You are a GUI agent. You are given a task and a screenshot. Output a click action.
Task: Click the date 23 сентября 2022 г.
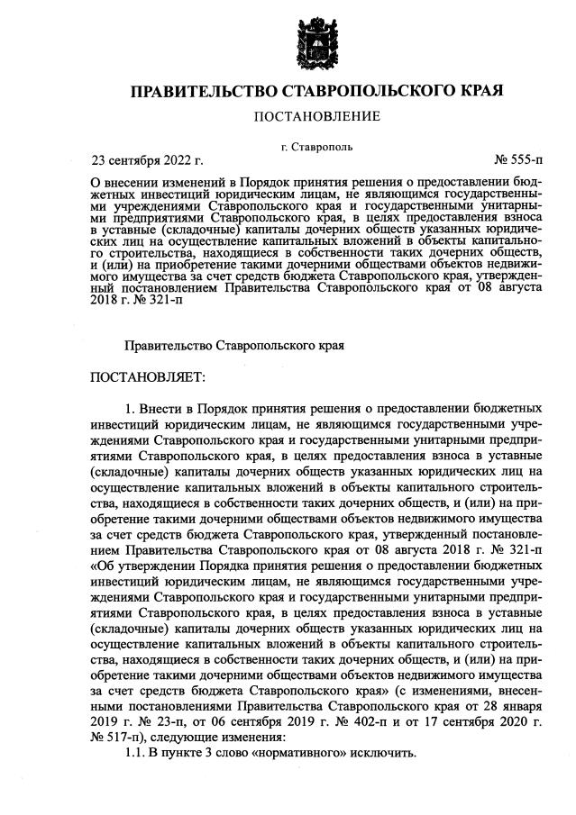pyautogui.click(x=147, y=161)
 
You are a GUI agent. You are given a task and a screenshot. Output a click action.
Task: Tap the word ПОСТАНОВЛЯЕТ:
pyautogui.click(x=149, y=375)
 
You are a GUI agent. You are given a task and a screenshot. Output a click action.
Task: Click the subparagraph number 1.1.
pyautogui.click(x=135, y=754)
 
